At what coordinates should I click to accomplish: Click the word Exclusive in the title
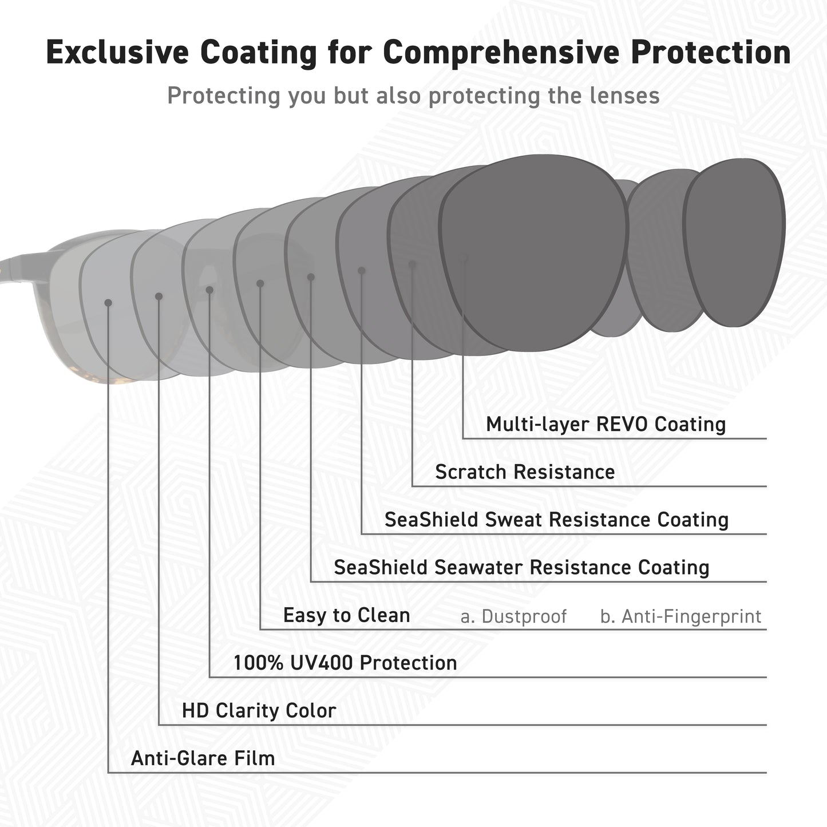(x=117, y=52)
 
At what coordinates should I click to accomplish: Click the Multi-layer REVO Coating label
(x=606, y=425)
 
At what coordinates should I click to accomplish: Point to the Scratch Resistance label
(x=525, y=472)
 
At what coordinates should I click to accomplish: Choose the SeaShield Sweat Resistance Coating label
(x=557, y=520)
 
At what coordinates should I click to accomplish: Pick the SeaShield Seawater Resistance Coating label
(x=521, y=567)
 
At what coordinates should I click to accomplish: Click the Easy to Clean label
(x=347, y=615)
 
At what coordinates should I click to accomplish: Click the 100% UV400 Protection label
(x=346, y=663)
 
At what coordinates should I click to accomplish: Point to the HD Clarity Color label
(x=259, y=711)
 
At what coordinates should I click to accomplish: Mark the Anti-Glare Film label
(x=203, y=758)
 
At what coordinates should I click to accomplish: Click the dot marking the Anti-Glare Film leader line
(x=108, y=303)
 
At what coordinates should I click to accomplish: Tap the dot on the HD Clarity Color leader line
(x=159, y=296)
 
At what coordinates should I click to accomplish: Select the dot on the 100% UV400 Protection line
(x=209, y=290)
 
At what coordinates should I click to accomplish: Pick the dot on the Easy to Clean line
(x=260, y=284)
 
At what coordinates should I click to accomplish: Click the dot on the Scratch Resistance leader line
(x=413, y=264)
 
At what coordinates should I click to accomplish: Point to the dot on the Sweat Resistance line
(x=362, y=271)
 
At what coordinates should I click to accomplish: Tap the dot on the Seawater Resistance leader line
(x=311, y=277)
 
